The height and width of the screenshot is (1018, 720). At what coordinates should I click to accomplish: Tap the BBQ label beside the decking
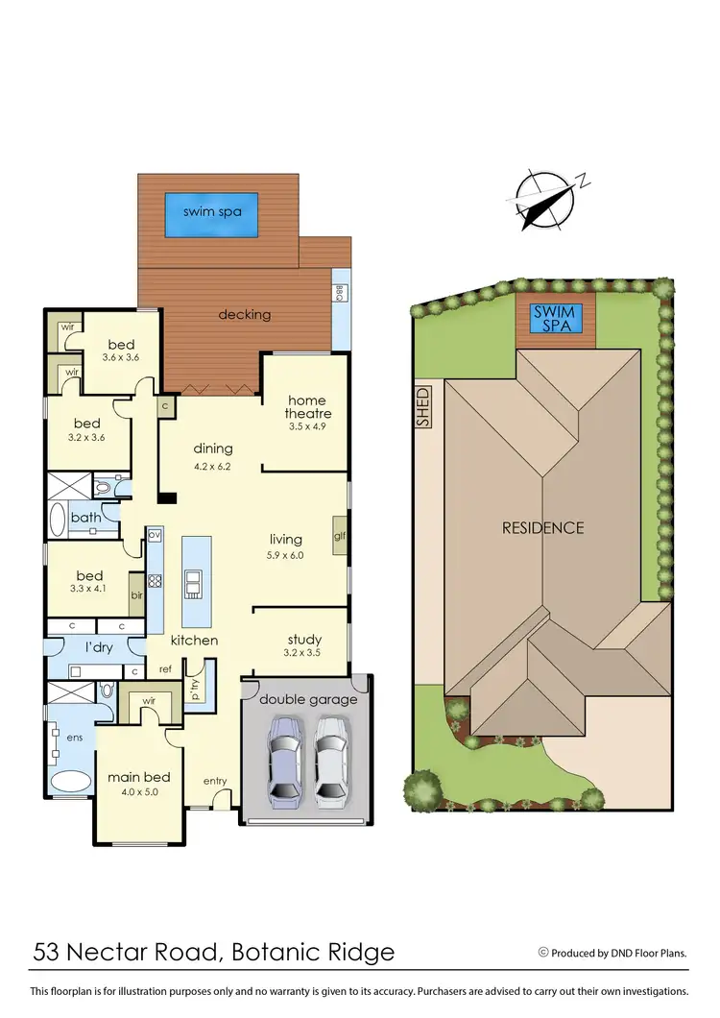click(x=339, y=294)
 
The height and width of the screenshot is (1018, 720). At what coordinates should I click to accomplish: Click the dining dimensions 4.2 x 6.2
click(x=213, y=468)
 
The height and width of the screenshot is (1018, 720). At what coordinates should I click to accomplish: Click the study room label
click(x=304, y=640)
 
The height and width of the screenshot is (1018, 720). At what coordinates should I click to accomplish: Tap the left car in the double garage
click(x=284, y=763)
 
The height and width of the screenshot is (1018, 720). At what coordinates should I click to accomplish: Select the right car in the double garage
click(x=329, y=763)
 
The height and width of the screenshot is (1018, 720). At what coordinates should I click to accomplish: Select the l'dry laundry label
click(x=100, y=648)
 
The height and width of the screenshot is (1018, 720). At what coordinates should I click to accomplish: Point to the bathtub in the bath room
click(x=56, y=520)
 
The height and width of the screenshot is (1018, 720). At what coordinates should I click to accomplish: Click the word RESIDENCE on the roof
click(x=542, y=527)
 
